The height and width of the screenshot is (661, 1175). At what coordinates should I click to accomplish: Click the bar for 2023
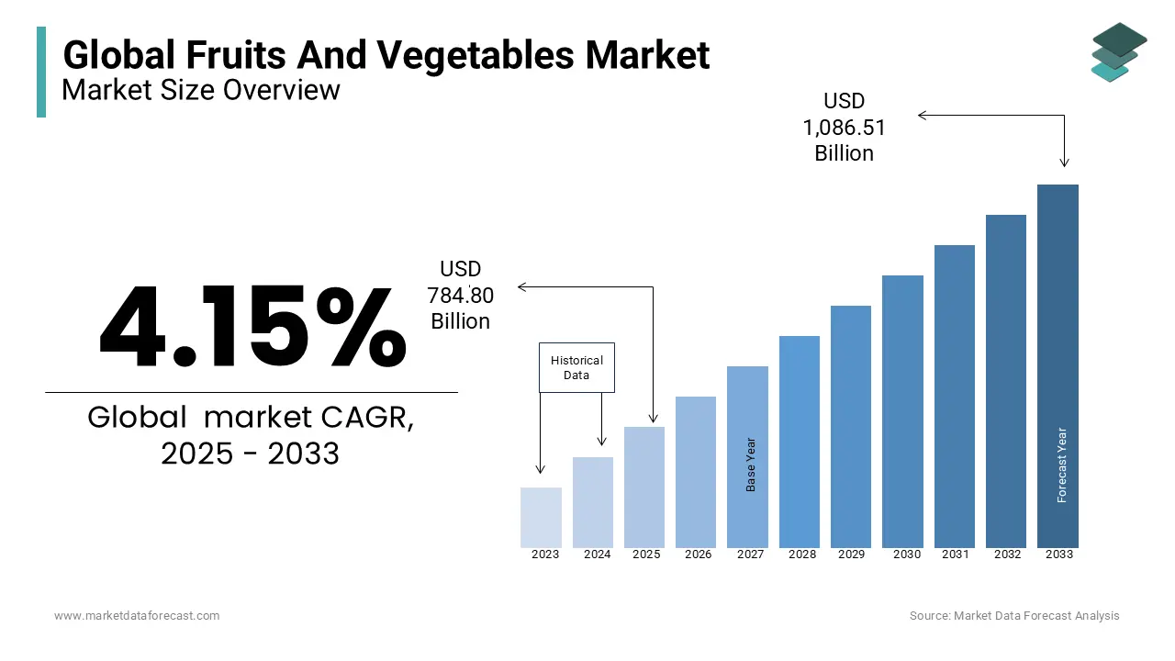[x=541, y=518]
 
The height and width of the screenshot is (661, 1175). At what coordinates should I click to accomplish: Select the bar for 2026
[x=696, y=472]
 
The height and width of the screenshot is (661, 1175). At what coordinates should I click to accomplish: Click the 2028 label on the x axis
[x=801, y=555]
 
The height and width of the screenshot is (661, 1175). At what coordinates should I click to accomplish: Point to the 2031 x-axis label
[x=956, y=555]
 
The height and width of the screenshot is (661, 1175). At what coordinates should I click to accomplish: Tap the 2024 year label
[x=597, y=555]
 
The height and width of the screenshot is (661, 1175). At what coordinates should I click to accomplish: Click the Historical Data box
[x=576, y=368]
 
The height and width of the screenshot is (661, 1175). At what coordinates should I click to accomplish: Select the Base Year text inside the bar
[x=751, y=465]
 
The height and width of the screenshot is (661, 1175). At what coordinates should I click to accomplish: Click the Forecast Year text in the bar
[x=1062, y=465]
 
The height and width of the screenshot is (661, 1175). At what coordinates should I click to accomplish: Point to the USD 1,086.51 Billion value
[x=844, y=128]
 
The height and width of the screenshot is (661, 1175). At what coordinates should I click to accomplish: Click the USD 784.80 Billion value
[x=460, y=295]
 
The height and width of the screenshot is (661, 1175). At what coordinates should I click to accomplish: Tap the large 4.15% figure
[x=252, y=328]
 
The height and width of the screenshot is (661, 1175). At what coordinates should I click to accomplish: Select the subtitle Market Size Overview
[x=201, y=90]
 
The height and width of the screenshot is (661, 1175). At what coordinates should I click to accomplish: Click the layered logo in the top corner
[x=1118, y=51]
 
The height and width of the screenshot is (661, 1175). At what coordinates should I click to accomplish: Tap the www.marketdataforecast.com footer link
[x=137, y=616]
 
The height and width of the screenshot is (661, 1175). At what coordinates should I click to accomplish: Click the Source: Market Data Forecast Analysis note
[x=1014, y=616]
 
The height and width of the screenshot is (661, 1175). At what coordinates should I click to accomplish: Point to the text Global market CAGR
[x=251, y=418]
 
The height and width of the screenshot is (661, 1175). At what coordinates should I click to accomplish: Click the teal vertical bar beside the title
[x=41, y=72]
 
